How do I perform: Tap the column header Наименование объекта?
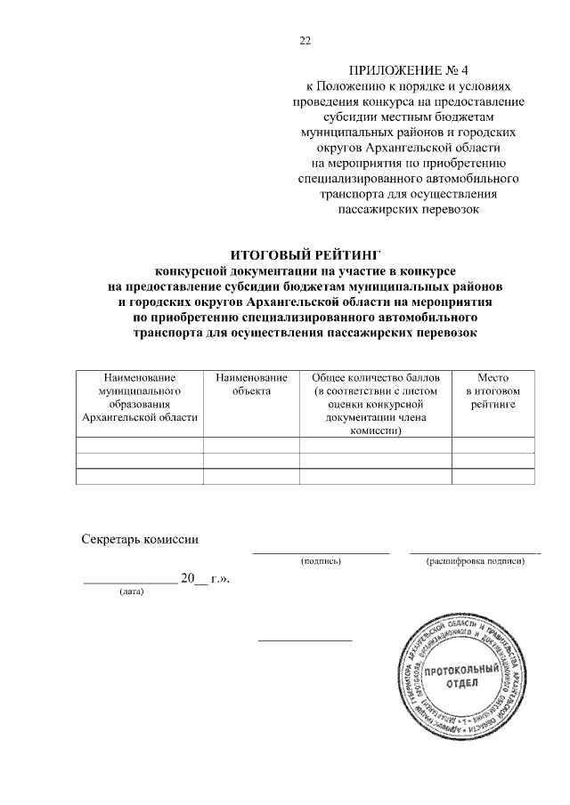click(x=251, y=384)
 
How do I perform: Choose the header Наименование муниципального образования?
click(x=139, y=397)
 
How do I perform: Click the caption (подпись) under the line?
click(x=322, y=561)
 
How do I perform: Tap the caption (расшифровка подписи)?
click(x=476, y=561)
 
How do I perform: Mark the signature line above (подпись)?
click(x=322, y=553)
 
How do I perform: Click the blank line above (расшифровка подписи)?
click(x=476, y=553)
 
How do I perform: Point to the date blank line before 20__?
click(x=130, y=583)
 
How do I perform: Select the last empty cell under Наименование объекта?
click(x=251, y=477)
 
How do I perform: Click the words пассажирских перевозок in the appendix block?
click(x=410, y=210)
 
